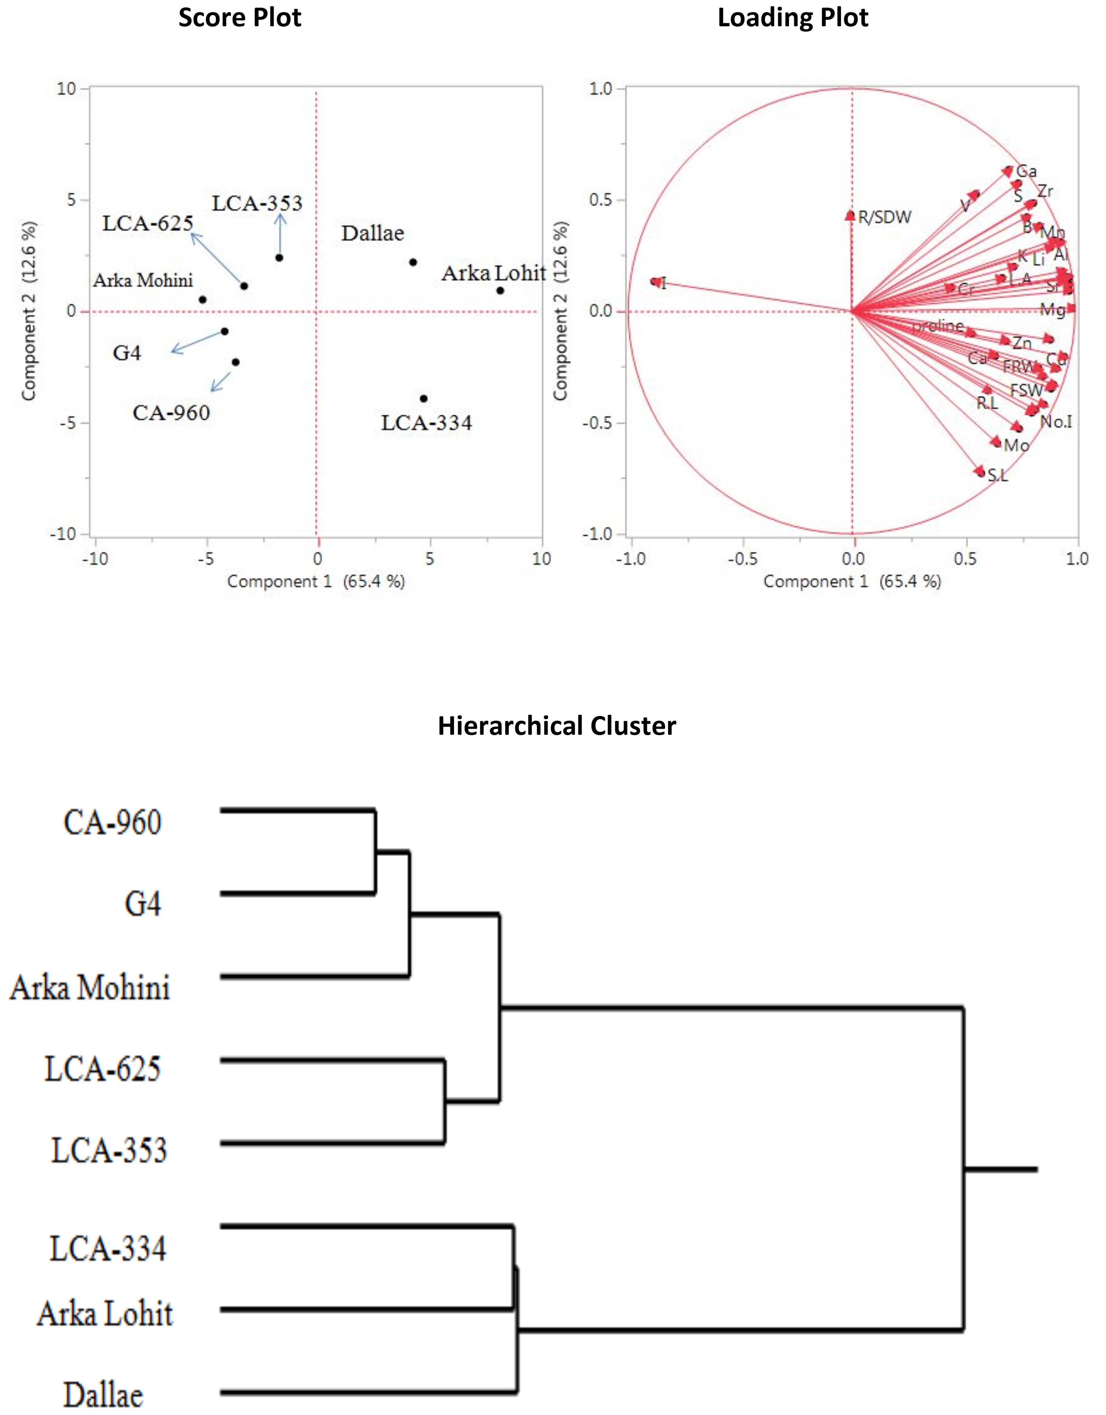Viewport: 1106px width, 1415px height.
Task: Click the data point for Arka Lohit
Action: (500, 290)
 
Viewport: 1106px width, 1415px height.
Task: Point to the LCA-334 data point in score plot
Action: (424, 399)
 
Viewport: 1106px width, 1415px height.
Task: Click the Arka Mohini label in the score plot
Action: (143, 281)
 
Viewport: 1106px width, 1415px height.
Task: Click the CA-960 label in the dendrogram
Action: (113, 823)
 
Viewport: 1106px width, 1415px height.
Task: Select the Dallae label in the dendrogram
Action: (104, 1394)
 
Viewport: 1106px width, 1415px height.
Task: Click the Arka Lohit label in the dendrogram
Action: (105, 1313)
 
